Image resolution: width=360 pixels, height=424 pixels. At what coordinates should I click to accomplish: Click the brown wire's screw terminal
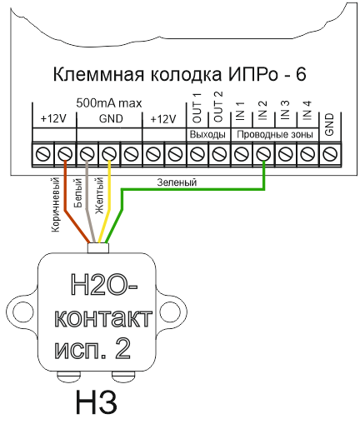click(65, 153)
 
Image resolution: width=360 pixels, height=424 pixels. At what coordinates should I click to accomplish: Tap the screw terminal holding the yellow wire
click(109, 153)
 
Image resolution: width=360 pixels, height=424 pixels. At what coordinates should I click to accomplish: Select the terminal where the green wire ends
click(263, 153)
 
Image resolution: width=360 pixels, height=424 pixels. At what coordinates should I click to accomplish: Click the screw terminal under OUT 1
click(197, 153)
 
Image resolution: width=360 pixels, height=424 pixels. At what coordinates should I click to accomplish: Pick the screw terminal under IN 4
click(307, 153)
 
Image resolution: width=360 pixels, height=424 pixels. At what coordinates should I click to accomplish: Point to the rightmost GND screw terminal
click(331, 153)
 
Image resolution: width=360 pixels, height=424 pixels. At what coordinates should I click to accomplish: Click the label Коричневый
click(56, 204)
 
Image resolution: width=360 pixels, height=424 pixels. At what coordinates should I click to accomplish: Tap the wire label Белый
click(78, 193)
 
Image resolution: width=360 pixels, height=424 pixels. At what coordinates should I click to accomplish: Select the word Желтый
click(99, 196)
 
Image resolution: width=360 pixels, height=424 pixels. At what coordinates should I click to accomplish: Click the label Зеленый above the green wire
click(177, 182)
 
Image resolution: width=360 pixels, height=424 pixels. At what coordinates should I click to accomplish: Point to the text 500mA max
click(109, 103)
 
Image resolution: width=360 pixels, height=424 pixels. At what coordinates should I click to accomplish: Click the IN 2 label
click(262, 110)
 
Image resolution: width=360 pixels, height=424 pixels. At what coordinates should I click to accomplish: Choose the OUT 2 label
click(218, 107)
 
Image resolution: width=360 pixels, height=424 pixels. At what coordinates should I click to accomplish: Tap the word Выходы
click(207, 135)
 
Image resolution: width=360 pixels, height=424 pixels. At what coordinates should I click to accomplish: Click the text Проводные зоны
click(275, 135)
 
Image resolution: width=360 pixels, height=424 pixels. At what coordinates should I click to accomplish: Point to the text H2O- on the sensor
click(104, 285)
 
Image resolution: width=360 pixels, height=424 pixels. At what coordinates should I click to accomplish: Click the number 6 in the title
click(301, 75)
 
